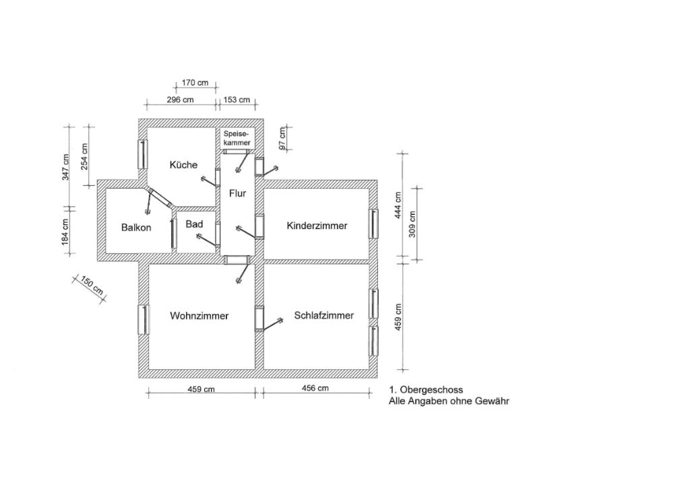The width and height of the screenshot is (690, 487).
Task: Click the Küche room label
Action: click(x=183, y=165)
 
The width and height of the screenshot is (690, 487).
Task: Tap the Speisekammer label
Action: click(x=237, y=138)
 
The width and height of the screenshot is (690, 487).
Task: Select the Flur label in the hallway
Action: click(x=238, y=193)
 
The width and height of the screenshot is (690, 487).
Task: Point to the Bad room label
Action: click(x=194, y=224)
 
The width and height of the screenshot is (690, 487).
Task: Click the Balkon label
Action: click(x=136, y=228)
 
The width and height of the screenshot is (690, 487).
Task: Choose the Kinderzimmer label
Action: click(x=317, y=226)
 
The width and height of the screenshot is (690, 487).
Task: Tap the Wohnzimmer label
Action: click(x=199, y=316)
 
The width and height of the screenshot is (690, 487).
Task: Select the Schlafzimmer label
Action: click(x=324, y=315)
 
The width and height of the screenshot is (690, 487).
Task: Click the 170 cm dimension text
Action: click(x=195, y=83)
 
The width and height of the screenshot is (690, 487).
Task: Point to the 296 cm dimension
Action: click(x=180, y=100)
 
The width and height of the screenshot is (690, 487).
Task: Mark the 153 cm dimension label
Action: click(x=237, y=100)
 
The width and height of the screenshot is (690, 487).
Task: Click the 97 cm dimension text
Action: click(x=283, y=137)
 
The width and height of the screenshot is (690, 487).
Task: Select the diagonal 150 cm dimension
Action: click(x=92, y=285)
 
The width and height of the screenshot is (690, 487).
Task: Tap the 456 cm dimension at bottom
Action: click(x=315, y=388)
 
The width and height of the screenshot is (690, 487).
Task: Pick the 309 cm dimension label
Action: click(x=412, y=224)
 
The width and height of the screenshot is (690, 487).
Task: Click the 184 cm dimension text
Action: click(x=65, y=232)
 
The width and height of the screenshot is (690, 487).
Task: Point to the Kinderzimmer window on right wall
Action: click(x=373, y=224)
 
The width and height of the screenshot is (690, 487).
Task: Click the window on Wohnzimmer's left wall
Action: click(x=144, y=319)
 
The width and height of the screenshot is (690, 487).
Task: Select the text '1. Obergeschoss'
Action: click(x=426, y=390)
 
